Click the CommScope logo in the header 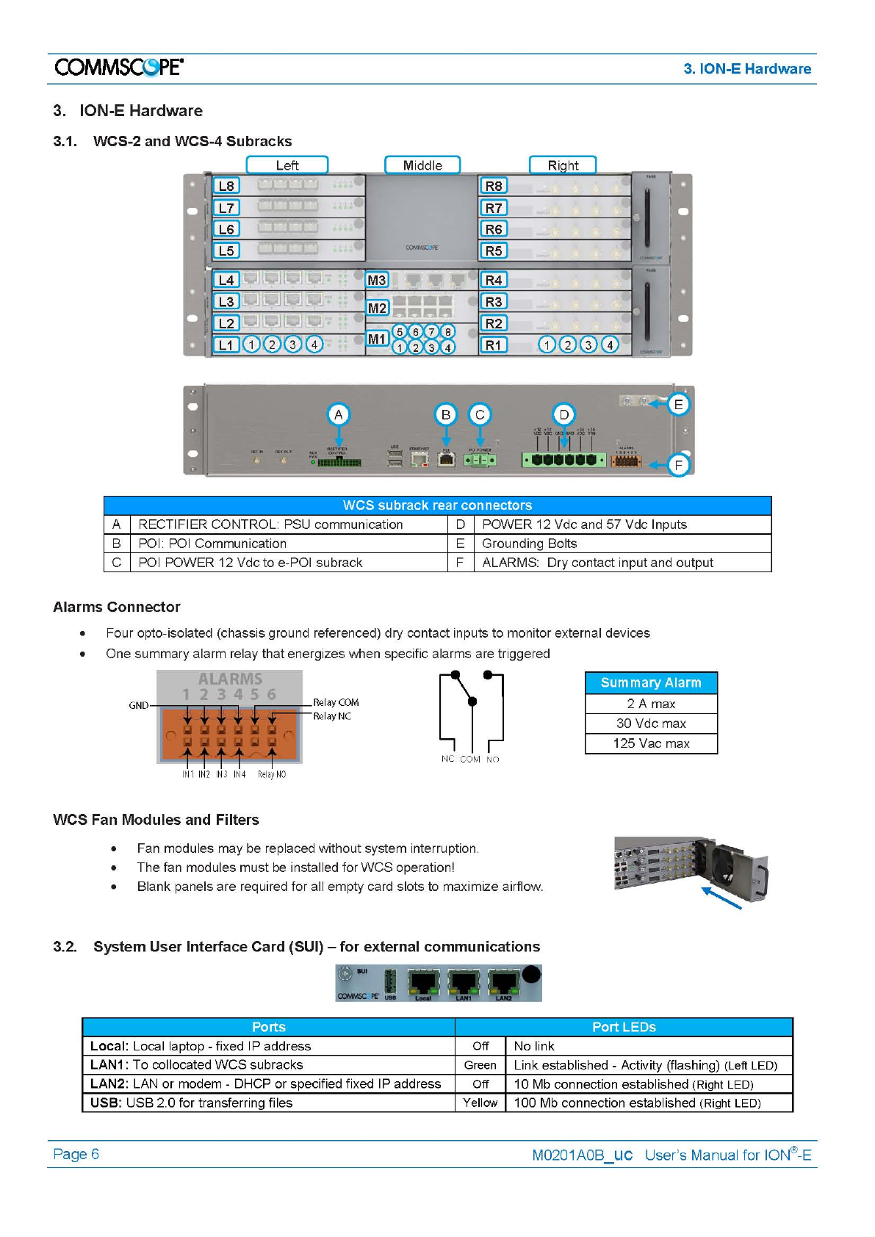pos(119,68)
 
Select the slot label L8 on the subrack pos(226,186)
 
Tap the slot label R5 pos(494,250)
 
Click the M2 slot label pos(377,308)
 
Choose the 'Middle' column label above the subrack pos(422,165)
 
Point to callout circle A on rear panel pos(338,414)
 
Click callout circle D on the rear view pos(563,414)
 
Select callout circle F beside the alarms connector pos(678,465)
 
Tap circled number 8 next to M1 pos(447,332)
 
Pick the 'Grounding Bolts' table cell pos(529,544)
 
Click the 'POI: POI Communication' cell pos(212,544)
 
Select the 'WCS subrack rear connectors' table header pos(437,505)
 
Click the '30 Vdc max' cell pos(651,724)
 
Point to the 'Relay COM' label pos(336,703)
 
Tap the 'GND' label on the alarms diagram pos(139,706)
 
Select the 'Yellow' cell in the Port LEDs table pos(480,1103)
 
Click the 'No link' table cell pos(534,1046)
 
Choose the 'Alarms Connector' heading pos(117,607)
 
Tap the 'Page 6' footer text pos(76,1154)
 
